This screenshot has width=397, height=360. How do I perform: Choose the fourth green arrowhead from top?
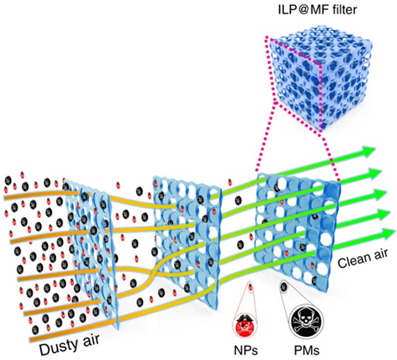[x=382, y=214]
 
